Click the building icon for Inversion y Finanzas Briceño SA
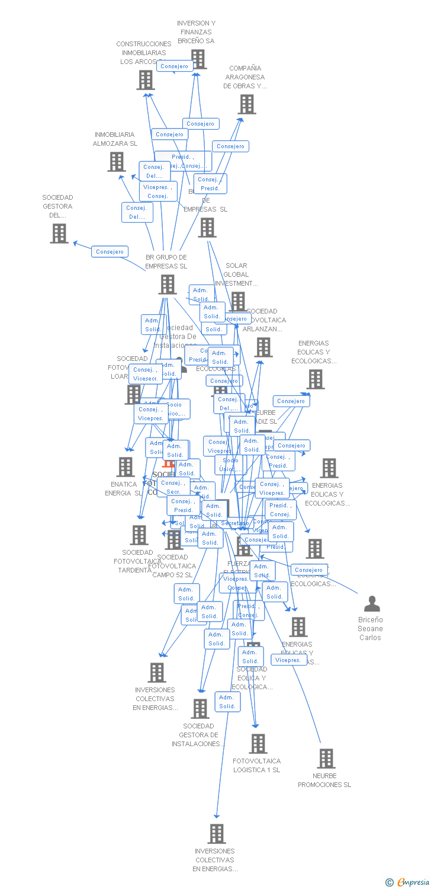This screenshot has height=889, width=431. click(198, 59)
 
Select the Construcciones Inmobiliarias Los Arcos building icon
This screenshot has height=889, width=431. click(146, 80)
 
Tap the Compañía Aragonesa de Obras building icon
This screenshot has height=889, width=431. click(246, 104)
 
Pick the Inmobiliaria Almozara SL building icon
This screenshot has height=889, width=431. click(117, 162)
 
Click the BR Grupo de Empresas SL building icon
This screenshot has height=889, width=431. click(168, 284)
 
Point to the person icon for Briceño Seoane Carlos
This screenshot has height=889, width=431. click(372, 604)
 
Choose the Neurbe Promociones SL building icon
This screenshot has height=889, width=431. click(326, 759)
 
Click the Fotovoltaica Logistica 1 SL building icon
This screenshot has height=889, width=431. click(258, 744)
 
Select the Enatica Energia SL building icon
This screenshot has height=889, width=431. click(126, 467)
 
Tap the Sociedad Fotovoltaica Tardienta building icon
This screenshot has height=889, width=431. click(139, 535)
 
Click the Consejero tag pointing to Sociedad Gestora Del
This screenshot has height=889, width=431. click(110, 252)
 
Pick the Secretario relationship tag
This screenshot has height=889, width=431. click(235, 523)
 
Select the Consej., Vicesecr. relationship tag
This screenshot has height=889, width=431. click(145, 374)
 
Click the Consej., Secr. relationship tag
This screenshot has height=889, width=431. click(173, 487)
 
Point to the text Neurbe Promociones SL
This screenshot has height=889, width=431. click(324, 780)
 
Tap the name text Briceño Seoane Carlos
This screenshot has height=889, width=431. click(371, 629)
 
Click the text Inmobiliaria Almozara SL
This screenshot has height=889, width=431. click(115, 139)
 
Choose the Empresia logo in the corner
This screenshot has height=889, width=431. click(414, 882)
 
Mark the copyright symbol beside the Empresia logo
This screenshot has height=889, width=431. click(390, 883)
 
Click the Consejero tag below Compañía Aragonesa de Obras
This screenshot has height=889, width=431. click(230, 146)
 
